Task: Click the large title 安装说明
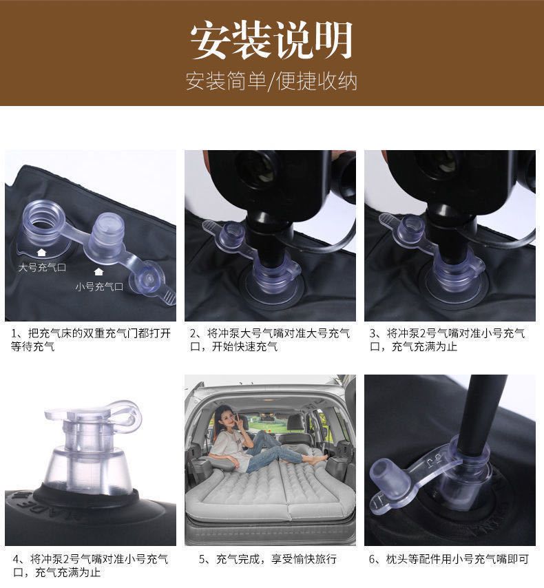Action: [x=271, y=40]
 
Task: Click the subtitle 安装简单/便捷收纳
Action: [x=271, y=81]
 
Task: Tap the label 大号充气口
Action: [x=43, y=267]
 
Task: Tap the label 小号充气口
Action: [x=99, y=287]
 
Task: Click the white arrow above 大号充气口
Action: [x=41, y=253]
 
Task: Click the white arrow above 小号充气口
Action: [x=98, y=271]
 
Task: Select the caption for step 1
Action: [x=91, y=339]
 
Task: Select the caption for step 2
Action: [x=270, y=339]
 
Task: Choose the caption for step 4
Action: [x=90, y=565]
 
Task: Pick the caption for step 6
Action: [x=449, y=559]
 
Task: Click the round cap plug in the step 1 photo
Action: [x=148, y=280]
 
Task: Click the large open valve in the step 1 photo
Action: [x=43, y=225]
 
